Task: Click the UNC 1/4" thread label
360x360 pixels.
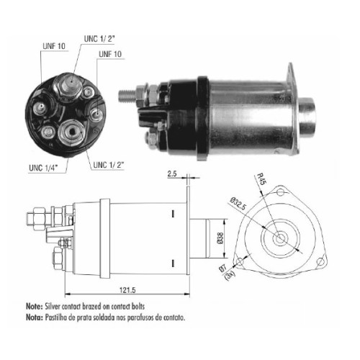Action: click(43, 168)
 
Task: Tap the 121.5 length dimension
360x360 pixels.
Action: click(127, 290)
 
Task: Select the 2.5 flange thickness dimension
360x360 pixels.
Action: click(172, 174)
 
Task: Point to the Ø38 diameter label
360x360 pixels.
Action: click(220, 238)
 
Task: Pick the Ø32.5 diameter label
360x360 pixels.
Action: click(238, 204)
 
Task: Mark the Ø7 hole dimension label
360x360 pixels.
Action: click(223, 268)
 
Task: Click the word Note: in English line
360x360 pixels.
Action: click(35, 306)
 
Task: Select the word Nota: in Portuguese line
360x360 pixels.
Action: click(35, 318)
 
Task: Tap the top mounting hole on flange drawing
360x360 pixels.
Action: click(280, 192)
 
